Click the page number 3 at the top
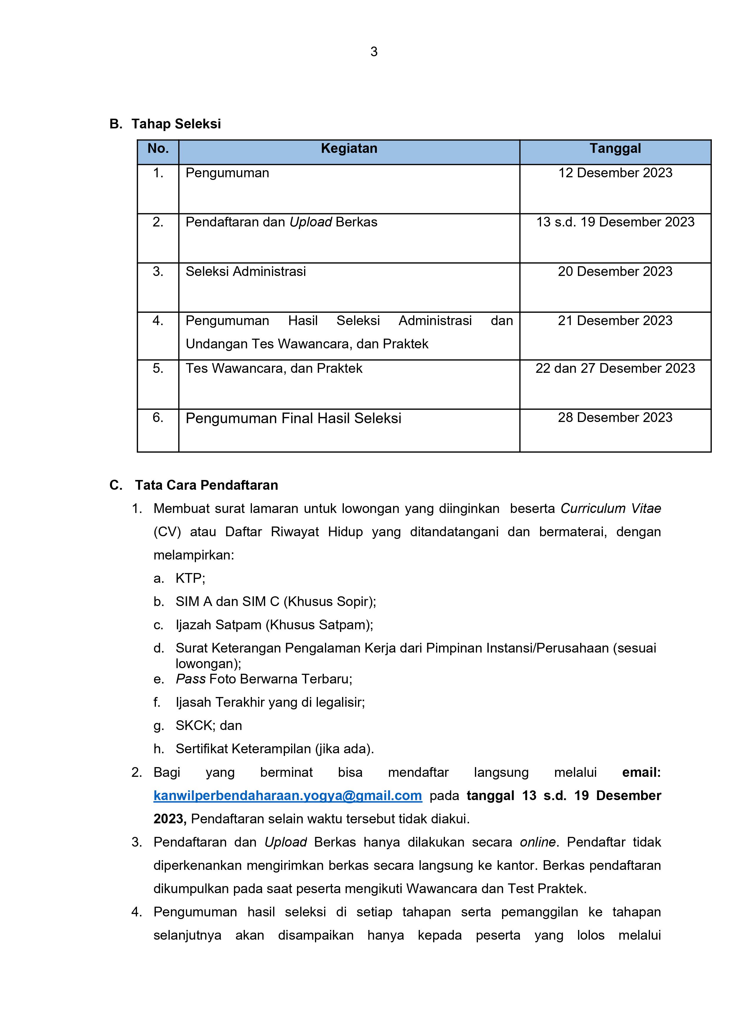point(374,52)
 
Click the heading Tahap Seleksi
point(176,124)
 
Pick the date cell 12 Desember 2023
point(615,173)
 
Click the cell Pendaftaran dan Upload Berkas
point(281,222)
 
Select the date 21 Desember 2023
point(615,321)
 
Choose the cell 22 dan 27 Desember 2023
point(615,368)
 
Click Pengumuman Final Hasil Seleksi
point(293,418)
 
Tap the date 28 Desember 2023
point(615,418)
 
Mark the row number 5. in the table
point(158,368)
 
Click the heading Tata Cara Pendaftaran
point(206,486)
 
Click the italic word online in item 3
point(537,842)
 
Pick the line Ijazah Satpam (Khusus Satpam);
point(274,625)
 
